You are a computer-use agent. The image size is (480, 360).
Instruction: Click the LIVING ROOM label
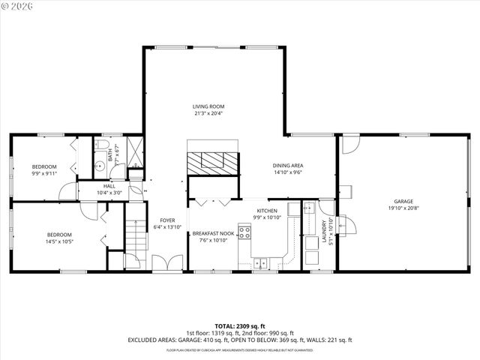[x=209, y=106]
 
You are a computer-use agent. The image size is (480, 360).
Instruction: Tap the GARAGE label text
[x=403, y=201]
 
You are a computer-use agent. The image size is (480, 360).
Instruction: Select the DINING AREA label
[x=288, y=165]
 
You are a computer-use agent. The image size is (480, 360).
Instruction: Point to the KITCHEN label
[x=268, y=211]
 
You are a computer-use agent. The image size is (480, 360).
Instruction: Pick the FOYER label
[x=167, y=220]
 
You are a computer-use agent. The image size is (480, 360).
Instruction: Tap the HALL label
[x=109, y=186]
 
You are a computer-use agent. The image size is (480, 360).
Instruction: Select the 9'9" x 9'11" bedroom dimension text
[x=43, y=173]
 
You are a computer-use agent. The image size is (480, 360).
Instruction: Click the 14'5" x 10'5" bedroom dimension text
[x=59, y=241]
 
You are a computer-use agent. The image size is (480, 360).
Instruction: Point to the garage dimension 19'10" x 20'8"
[x=403, y=208]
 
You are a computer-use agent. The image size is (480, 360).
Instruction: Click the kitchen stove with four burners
[x=244, y=232]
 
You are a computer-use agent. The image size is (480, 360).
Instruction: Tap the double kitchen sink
[x=262, y=262]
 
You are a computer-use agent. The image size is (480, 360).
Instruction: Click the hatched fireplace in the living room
[x=213, y=161]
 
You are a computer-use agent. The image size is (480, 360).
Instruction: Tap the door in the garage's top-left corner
[x=350, y=144]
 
